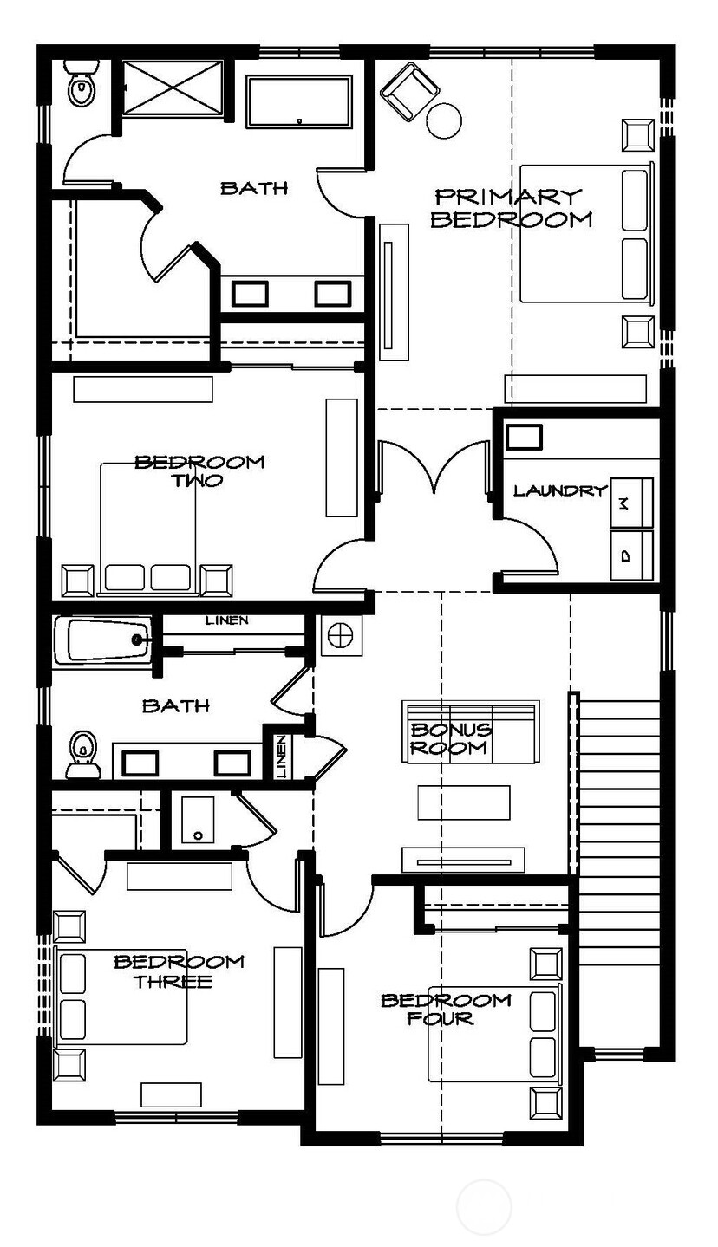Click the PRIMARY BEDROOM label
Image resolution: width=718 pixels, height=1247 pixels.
[511, 208]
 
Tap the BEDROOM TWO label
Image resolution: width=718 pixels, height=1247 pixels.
[199, 471]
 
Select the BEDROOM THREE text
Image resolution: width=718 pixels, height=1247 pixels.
[179, 971]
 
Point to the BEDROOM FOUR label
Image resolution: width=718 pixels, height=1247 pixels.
[446, 1009]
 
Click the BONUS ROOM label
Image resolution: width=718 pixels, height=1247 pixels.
[450, 739]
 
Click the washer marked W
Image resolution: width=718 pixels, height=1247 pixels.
[632, 500]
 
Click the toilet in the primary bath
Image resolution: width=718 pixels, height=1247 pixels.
[82, 85]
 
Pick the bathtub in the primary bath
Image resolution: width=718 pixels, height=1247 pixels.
[299, 102]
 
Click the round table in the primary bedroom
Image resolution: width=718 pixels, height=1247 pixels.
[445, 120]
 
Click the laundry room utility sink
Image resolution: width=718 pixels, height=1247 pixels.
[524, 437]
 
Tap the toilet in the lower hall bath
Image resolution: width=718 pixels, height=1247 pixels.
[82, 750]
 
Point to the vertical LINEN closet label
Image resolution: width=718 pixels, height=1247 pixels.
[281, 757]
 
